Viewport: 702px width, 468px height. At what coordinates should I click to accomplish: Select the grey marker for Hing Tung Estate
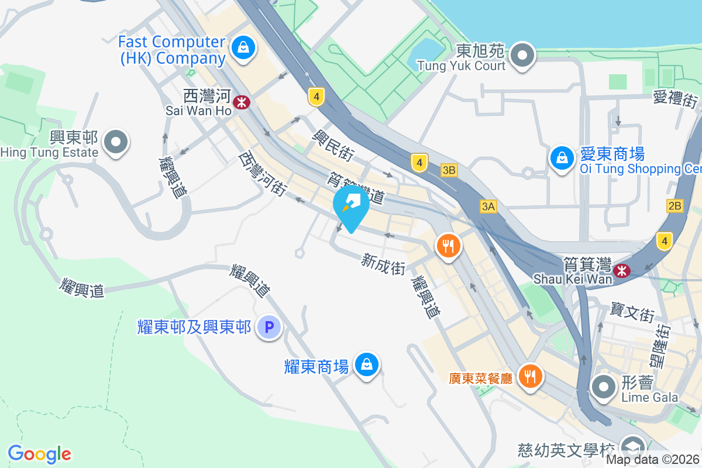(116, 142)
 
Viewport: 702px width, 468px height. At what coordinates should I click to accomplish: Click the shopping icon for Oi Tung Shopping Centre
(562, 157)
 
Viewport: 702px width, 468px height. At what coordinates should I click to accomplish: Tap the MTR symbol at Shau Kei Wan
(621, 270)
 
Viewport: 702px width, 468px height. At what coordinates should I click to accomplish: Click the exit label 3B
(449, 170)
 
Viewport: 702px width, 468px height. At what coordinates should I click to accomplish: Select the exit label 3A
(488, 206)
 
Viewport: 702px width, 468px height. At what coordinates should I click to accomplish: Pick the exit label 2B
(675, 206)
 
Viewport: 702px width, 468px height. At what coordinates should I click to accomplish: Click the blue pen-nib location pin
(351, 207)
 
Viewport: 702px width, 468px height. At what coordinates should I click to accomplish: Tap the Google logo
(39, 454)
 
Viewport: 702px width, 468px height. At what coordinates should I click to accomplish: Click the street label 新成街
(384, 264)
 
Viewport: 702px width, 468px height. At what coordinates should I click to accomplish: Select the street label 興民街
(333, 145)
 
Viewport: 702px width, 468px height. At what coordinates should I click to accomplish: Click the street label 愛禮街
(675, 98)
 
